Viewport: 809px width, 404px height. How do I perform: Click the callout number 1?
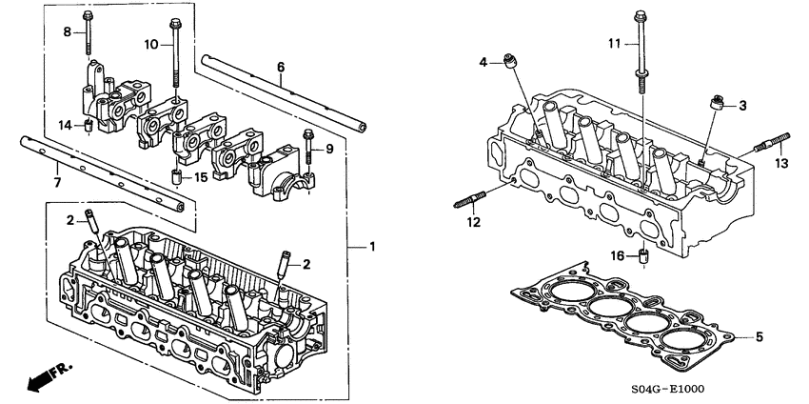tap(372, 247)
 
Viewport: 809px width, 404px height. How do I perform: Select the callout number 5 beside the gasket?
tap(759, 336)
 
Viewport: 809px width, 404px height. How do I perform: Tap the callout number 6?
tap(281, 67)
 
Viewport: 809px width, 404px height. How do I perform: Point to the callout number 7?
tap(56, 181)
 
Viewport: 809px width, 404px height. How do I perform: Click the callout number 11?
tap(614, 44)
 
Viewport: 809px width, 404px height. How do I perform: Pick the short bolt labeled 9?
tap(308, 145)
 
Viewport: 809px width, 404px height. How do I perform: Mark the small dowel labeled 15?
tap(176, 177)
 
